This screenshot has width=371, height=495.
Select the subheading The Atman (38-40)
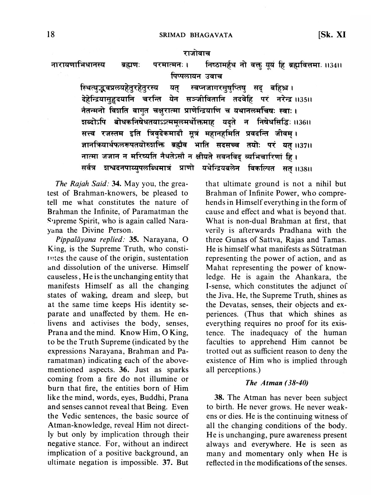coord(276,383)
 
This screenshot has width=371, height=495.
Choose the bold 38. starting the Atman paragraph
coord(219,398)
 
